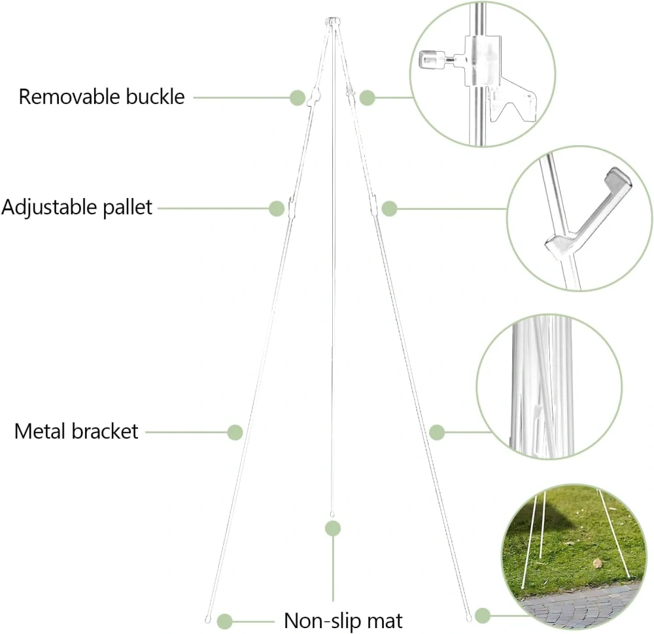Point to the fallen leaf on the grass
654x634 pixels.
pos(597,563)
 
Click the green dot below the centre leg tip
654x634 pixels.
pos(333,529)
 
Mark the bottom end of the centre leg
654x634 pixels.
pos(332,514)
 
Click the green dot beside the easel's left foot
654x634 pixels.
pos(225,622)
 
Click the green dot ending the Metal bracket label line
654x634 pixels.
pos(235,432)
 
